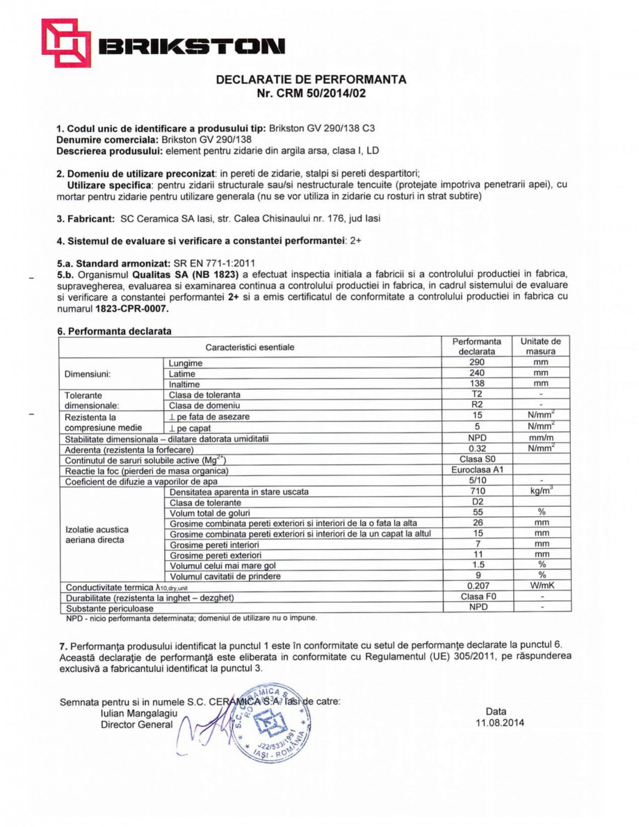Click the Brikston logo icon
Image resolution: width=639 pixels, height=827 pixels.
pos(65,43)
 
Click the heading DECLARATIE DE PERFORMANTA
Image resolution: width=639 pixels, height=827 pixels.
pos(311,79)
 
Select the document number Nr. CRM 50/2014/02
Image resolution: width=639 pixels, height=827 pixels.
pos(311,93)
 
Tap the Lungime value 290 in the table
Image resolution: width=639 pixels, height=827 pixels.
pos(476,363)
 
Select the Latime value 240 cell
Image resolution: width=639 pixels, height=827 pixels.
pos(476,373)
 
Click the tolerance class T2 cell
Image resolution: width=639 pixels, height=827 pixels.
pos(476,394)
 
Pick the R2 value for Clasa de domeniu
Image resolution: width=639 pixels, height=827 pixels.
pos(476,404)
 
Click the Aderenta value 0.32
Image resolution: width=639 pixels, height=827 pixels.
pos(476,449)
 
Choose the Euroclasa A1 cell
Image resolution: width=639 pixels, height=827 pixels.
pos(476,470)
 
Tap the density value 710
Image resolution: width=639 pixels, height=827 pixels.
pos(476,491)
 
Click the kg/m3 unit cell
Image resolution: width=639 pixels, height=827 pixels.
pos(541,491)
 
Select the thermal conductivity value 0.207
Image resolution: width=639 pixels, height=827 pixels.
pos(476,586)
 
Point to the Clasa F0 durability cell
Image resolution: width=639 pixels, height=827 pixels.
pos(476,596)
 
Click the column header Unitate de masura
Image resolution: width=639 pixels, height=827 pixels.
pos(541,347)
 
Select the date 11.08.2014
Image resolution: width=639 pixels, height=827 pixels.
pos(496,723)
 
